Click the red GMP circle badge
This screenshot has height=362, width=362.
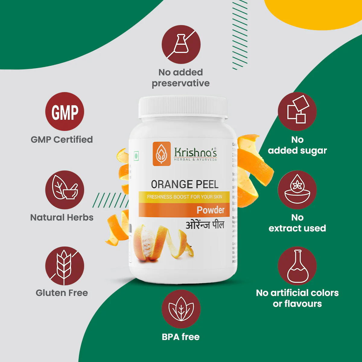click(65, 111)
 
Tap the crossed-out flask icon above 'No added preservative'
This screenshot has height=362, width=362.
click(181, 44)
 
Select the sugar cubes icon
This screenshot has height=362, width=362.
click(297, 111)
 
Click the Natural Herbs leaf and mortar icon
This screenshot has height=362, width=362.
click(65, 190)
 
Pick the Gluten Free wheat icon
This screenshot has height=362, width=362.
click(65, 266)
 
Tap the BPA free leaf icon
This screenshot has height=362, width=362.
click(181, 309)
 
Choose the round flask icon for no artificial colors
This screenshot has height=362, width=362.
click(297, 266)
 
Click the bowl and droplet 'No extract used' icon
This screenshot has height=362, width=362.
click(297, 190)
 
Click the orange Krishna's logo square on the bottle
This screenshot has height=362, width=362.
click(162, 154)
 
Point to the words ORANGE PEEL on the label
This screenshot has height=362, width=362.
click(185, 184)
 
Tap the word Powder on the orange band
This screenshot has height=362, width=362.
click(211, 210)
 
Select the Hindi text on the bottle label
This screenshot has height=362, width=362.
click(205, 225)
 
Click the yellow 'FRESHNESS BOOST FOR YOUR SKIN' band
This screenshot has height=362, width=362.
click(184, 197)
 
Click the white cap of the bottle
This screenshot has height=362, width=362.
click(183, 107)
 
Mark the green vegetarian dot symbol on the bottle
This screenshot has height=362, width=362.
click(136, 156)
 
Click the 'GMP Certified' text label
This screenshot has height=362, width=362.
click(62, 140)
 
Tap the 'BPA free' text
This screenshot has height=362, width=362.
click(181, 337)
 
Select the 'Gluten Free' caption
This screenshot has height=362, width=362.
click(62, 293)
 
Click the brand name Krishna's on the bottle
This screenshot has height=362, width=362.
click(195, 152)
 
